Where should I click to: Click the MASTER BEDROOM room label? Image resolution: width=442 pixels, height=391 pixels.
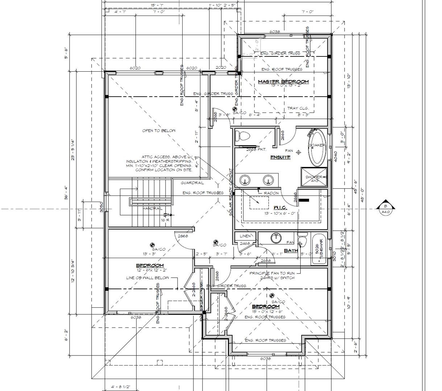click(x=283, y=81)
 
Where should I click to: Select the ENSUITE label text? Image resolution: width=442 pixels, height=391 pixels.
click(x=280, y=157)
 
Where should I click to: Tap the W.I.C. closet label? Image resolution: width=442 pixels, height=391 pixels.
click(x=280, y=207)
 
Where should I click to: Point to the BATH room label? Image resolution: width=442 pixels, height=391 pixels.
click(x=291, y=250)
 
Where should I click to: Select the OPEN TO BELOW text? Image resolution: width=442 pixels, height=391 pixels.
click(x=159, y=131)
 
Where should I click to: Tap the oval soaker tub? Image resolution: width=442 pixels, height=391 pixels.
click(x=317, y=148)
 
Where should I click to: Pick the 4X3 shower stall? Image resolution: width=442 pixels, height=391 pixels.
click(x=314, y=177)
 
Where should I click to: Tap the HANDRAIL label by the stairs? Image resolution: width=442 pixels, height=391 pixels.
click(x=152, y=209)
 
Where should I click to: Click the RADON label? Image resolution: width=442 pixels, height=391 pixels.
click(x=271, y=193)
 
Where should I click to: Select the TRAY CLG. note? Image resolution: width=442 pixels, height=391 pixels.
click(x=298, y=108)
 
